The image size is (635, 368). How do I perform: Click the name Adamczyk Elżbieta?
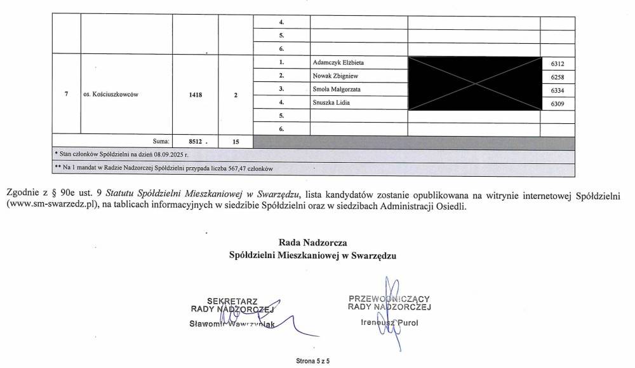coord(338,63)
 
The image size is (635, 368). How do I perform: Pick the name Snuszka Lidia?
coord(332,102)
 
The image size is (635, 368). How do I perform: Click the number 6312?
coord(550,64)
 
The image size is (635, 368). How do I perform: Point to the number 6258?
coord(550,77)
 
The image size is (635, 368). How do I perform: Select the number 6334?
coord(550,90)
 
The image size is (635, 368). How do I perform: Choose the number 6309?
coord(550,103)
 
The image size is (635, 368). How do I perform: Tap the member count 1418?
coord(195,95)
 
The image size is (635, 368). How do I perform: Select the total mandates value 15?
coord(236,142)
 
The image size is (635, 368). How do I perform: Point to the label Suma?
coord(160,142)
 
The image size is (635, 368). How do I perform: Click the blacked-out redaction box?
coord(473,83)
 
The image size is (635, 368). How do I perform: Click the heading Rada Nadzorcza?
coord(312,242)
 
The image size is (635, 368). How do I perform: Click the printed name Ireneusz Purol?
coord(389,322)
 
